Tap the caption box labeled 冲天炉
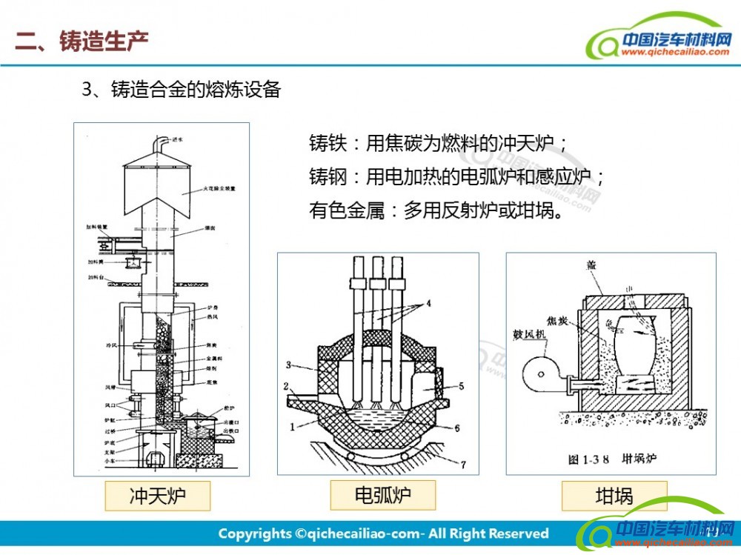tap(158, 496)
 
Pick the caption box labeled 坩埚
tap(614, 496)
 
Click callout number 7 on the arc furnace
tap(462, 465)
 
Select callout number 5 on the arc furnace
tap(460, 385)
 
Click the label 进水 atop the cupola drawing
tap(176, 139)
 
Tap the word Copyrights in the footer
tap(255, 534)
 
